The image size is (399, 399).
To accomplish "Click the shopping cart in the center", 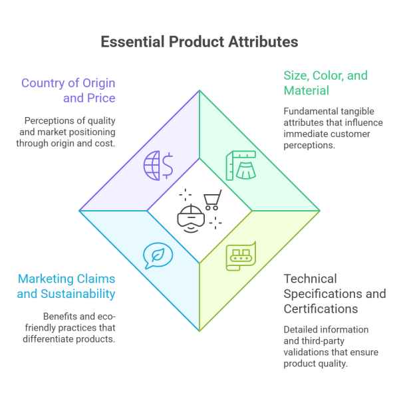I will coord(212,199).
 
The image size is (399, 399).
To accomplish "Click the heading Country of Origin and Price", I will coord(68,90).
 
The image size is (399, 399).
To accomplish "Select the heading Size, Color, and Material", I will coord(325,82).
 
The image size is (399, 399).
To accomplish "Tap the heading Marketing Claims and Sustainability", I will coord(66,286).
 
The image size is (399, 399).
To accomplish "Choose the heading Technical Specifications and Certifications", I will coord(334,293).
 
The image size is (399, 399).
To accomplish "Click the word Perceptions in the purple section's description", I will coord(50,121).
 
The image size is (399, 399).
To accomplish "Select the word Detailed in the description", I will coord(301,330).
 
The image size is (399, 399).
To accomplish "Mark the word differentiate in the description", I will coord(73,327).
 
